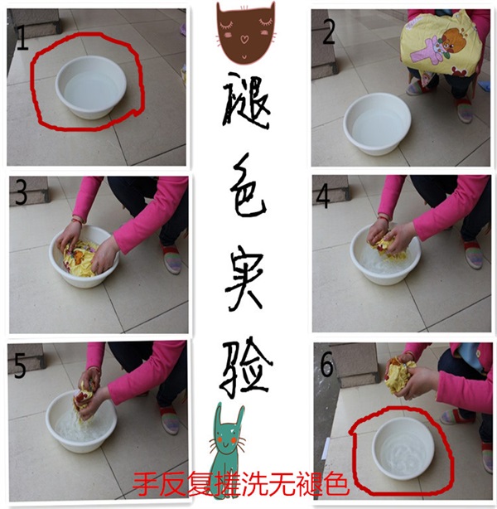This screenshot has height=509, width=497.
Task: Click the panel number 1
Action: [22, 38]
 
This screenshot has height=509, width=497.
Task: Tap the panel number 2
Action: [328, 32]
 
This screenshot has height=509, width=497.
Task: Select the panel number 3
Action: [21, 193]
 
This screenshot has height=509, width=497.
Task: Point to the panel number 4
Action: [323, 196]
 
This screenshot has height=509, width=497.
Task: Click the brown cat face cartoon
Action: [246, 32]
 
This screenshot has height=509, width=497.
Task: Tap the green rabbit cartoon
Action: [228, 444]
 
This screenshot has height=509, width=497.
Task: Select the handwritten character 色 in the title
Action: [248, 187]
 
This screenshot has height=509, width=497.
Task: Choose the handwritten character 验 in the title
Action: [247, 370]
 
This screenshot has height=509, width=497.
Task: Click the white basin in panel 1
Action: [91, 87]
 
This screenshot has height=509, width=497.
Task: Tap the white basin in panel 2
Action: [377, 124]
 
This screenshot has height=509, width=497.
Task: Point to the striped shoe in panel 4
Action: [473, 254]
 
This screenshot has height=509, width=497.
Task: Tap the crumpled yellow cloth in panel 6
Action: [400, 373]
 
